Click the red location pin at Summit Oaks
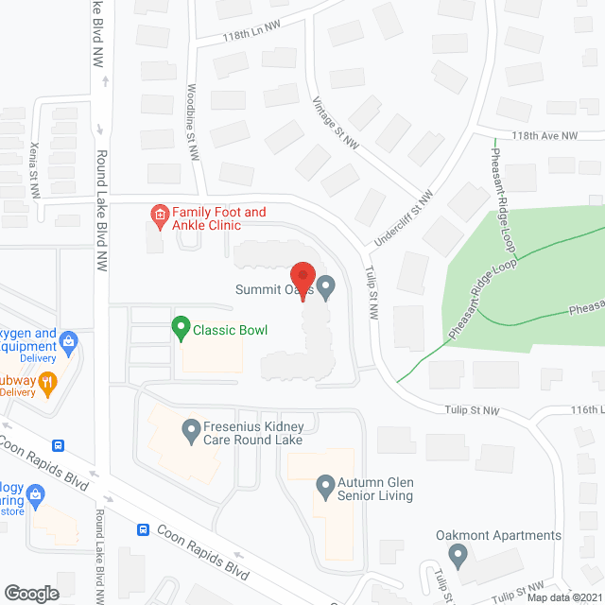tap(302, 279)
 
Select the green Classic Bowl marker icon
tap(180, 329)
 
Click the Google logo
tap(30, 593)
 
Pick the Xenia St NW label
tap(34, 170)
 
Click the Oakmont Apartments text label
tap(498, 535)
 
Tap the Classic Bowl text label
tap(231, 330)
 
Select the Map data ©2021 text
tap(563, 596)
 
